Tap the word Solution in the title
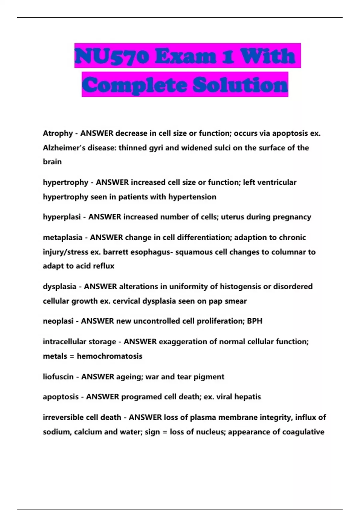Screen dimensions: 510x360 240,85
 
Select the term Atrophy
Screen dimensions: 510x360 58,133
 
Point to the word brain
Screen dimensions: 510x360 52,162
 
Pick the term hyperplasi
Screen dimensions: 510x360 61,217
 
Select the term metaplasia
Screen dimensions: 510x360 62,237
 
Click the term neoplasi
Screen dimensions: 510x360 58,321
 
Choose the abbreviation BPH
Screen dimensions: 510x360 254,321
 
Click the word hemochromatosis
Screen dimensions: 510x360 109,356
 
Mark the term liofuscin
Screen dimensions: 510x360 58,376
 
